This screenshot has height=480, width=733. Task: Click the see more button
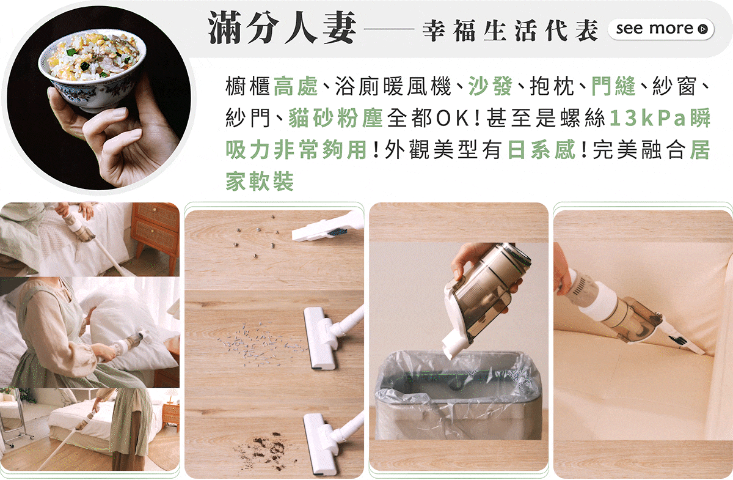661,29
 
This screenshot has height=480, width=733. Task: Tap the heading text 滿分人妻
282,28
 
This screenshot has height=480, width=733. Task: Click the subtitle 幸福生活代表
511,30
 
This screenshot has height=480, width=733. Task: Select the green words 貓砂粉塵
336,118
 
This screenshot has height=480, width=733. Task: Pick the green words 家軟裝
260,181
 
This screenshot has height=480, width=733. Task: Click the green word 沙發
490,86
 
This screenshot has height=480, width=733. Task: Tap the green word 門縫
613,86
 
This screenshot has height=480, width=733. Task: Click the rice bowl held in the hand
92,70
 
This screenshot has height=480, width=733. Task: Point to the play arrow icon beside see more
702,29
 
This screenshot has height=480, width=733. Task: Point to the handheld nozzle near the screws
327,228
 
